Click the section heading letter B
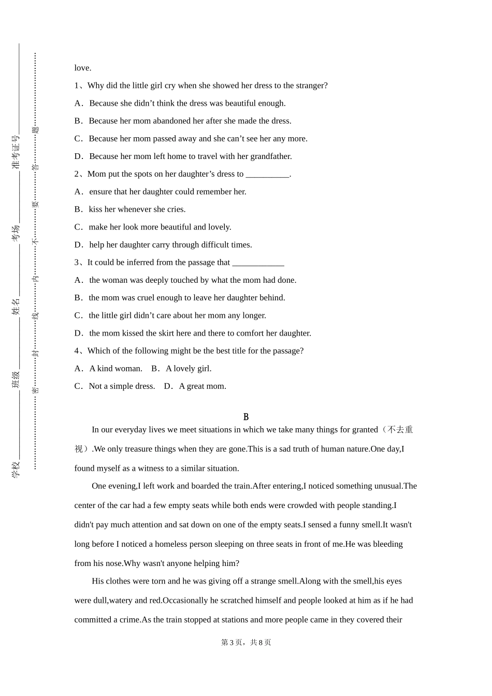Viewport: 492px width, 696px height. click(x=246, y=417)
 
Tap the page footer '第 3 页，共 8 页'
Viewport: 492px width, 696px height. click(x=246, y=642)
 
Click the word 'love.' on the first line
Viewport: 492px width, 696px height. click(x=83, y=68)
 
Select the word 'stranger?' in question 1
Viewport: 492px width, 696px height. click(x=311, y=85)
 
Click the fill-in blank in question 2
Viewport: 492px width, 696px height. click(x=267, y=175)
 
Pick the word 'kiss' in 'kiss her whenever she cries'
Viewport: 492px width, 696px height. click(x=95, y=209)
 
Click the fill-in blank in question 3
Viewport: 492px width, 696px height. click(x=258, y=263)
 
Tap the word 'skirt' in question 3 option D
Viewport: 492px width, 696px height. click(x=165, y=333)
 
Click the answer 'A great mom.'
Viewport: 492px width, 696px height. click(x=202, y=386)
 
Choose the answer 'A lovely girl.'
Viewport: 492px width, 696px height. click(x=189, y=369)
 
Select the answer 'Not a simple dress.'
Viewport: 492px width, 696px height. click(x=122, y=386)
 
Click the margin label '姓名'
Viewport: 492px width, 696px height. click(x=16, y=307)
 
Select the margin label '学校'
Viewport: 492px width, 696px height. click(x=16, y=469)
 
